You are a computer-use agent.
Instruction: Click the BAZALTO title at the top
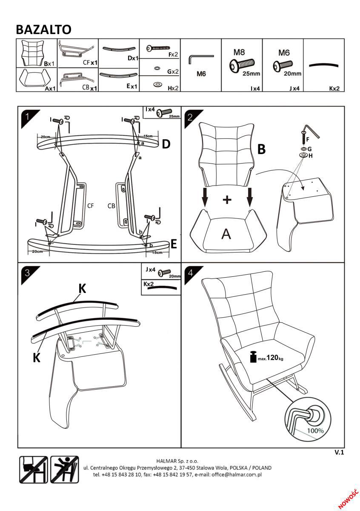pos(43,29)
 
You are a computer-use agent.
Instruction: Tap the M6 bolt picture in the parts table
pos(283,66)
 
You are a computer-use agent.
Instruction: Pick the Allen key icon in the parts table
pos(200,58)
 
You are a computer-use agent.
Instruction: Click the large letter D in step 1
pos(166,144)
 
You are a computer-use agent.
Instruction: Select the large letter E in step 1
pos(173,244)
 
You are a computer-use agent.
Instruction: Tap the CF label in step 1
pos(90,206)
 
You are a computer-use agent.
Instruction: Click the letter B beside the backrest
pos(262,149)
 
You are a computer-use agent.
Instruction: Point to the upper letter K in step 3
pos(82,288)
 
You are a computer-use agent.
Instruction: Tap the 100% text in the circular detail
pos(315,430)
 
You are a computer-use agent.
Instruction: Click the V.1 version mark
pos(339,453)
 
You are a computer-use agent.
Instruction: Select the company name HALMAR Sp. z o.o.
pos(177,461)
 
